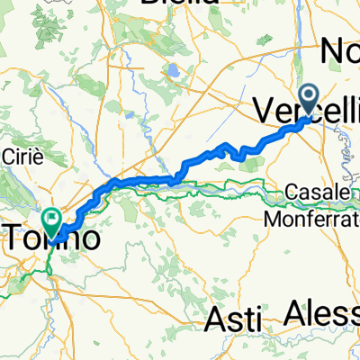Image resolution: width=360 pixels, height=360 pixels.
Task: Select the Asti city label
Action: point(234,318)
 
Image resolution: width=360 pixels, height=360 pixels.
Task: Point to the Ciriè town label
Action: point(20,151)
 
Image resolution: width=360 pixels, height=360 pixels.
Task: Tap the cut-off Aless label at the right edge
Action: point(322,312)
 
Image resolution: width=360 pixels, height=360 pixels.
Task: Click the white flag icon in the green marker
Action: point(51,217)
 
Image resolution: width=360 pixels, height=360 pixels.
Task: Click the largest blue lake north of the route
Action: point(171,69)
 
